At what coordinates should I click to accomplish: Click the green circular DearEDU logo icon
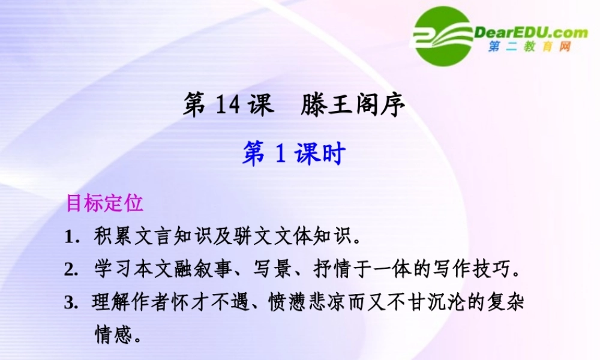443,36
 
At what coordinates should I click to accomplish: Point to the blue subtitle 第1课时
294,154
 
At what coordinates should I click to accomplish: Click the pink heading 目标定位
105,203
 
